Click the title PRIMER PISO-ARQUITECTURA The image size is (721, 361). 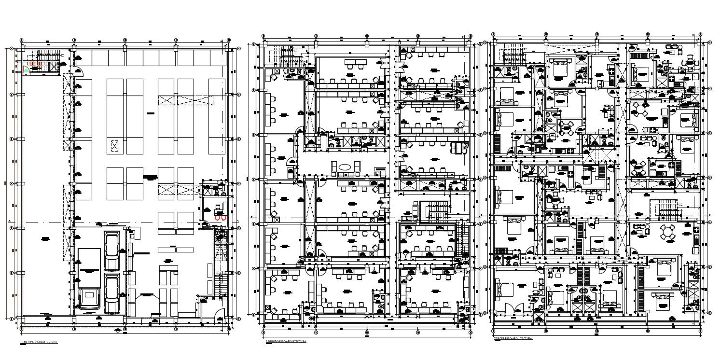click(38, 342)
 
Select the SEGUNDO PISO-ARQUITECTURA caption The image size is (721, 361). click(286, 341)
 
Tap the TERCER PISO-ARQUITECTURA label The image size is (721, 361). click(513, 338)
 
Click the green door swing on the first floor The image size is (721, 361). click(27, 70)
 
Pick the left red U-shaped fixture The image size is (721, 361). click(216, 218)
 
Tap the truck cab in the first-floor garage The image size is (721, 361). click(89, 299)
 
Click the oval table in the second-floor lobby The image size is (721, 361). click(345, 167)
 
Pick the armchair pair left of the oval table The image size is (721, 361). click(333, 167)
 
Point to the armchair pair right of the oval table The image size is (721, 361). click(356, 167)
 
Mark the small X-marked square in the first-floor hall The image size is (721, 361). click(114, 145)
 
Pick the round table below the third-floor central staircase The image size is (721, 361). click(668, 232)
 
